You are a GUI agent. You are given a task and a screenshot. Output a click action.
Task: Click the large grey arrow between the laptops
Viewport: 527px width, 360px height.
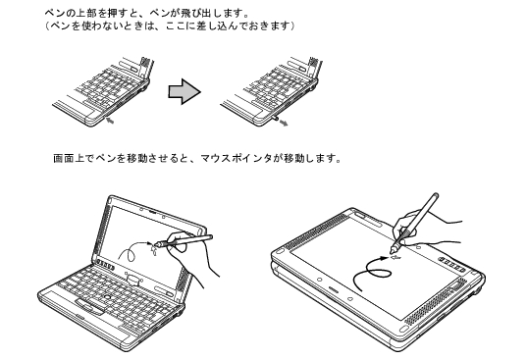point(184,91)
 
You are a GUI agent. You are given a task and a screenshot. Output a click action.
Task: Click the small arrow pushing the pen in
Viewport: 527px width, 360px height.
point(110,120)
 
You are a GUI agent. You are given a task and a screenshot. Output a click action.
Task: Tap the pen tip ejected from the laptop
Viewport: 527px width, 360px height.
point(275,119)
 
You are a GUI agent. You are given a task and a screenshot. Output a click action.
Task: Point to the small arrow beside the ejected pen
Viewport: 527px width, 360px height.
point(284,123)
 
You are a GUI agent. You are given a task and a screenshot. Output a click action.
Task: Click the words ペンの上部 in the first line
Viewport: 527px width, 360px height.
point(66,14)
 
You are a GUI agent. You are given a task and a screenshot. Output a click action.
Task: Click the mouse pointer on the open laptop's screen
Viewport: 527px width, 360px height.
point(154,249)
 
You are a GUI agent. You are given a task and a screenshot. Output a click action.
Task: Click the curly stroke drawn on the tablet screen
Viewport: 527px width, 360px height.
point(370,272)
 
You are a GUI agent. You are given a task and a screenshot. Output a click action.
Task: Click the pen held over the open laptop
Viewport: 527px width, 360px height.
point(184,240)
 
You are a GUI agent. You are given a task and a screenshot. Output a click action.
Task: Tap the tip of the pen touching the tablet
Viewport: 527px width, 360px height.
point(392,251)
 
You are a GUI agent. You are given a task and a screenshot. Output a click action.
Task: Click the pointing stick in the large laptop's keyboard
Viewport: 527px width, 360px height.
point(108,296)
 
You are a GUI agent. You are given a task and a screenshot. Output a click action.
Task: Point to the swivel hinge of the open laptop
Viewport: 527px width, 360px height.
point(133,279)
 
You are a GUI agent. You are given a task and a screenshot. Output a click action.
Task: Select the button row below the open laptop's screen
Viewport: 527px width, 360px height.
point(103,264)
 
